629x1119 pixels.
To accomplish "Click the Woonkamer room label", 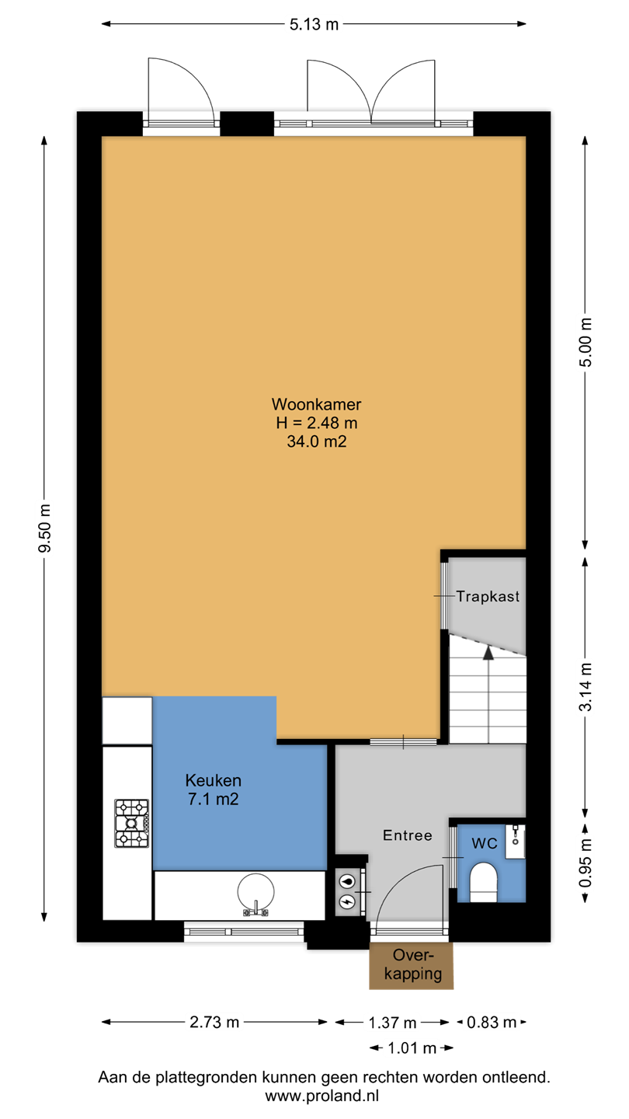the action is [316, 403].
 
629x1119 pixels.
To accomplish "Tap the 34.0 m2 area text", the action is [317, 441].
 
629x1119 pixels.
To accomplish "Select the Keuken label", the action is [213, 780].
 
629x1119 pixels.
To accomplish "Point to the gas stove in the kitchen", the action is [132, 823].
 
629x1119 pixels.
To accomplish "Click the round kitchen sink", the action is [255, 891].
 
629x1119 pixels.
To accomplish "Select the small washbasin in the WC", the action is [515, 842].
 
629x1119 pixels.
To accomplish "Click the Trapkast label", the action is [488, 597].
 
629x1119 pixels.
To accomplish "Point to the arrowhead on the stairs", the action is [488, 653].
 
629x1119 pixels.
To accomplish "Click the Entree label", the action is [408, 835].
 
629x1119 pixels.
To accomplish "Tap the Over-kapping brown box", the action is [412, 966].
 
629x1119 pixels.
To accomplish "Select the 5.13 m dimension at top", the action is [314, 24].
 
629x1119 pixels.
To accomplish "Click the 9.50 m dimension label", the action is [44, 528].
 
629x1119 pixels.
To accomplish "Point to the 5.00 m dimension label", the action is [585, 342].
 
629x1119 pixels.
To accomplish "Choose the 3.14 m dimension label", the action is [585, 687].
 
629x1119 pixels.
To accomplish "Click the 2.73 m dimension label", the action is [214, 1022].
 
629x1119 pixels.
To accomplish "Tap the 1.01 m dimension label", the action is [412, 1048].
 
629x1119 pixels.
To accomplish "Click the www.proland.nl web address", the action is [322, 1096].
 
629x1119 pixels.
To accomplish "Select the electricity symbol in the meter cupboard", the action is [347, 901].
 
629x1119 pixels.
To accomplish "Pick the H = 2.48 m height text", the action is [317, 423].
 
